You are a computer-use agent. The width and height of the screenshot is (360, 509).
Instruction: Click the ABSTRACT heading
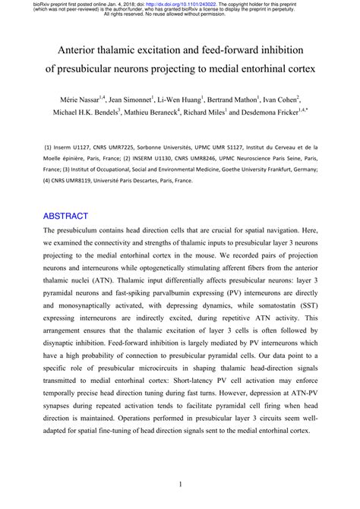(x=66, y=216)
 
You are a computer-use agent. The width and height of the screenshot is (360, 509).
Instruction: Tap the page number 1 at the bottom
(x=180, y=484)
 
